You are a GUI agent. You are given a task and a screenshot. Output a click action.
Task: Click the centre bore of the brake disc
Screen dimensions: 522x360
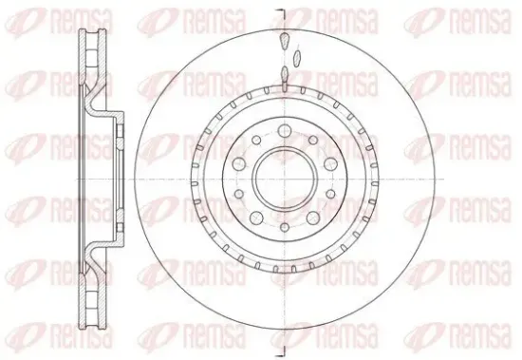(285, 180)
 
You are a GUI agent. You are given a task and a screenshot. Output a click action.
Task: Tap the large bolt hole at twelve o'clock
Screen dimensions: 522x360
(285, 131)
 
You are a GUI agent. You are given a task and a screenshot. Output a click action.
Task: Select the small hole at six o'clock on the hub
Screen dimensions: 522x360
(285, 227)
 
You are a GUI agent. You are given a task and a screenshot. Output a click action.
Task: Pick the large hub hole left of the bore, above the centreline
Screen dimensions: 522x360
(238, 163)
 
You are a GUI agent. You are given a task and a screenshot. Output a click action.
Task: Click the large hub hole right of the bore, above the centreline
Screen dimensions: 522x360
(330, 163)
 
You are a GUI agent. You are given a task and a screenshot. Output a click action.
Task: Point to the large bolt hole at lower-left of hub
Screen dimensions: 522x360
(256, 218)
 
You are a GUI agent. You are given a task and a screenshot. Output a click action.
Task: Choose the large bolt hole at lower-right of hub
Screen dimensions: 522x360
(313, 218)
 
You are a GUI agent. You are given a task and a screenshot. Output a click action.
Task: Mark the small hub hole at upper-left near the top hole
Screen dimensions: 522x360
(256, 140)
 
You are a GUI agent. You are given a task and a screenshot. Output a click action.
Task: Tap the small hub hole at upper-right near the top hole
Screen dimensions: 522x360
(313, 140)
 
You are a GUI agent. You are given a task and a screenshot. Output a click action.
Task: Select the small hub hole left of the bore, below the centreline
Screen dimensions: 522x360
(238, 194)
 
